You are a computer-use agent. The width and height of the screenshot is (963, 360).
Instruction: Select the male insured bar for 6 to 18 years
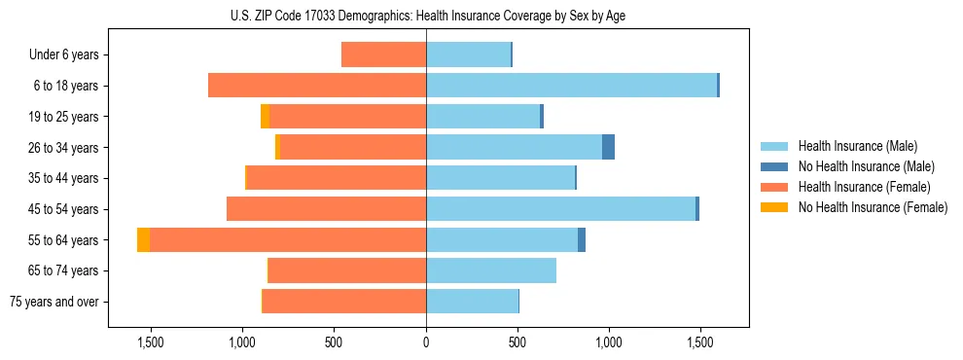(x=571, y=86)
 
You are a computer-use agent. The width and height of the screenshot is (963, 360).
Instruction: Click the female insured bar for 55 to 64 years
(x=288, y=240)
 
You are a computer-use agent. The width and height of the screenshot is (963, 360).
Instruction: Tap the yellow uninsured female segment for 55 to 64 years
(x=143, y=240)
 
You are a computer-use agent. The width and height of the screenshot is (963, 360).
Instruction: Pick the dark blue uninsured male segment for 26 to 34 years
(x=608, y=148)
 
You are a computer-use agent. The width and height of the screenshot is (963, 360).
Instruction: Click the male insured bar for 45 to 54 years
(x=560, y=209)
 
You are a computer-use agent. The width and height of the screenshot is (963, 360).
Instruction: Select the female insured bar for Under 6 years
(x=383, y=55)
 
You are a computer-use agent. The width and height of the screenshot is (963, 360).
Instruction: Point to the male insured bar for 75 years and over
(x=472, y=302)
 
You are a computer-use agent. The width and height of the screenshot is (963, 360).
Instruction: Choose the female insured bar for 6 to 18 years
(x=317, y=86)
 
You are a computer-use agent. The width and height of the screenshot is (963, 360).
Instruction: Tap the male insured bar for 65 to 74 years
(x=490, y=270)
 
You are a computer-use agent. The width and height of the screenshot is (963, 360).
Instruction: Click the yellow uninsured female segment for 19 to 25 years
(x=265, y=117)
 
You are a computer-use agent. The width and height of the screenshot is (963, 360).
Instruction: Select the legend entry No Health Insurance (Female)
(x=873, y=207)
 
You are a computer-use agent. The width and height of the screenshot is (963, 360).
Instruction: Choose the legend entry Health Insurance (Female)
(x=864, y=187)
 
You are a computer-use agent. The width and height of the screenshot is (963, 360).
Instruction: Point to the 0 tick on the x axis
(x=426, y=342)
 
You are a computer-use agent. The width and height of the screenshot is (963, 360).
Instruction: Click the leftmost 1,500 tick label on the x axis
(x=151, y=342)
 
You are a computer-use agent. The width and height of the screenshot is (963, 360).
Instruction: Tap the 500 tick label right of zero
(x=517, y=342)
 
